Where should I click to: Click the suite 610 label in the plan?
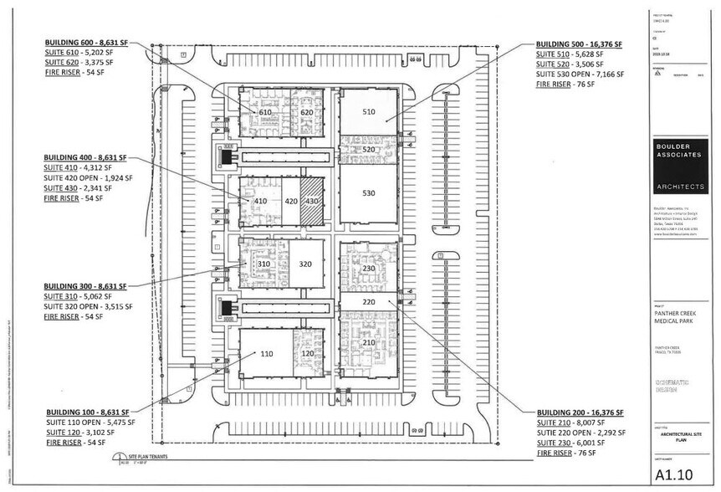[x=265, y=112]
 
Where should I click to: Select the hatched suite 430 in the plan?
[x=311, y=201]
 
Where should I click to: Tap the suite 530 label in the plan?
[x=368, y=192]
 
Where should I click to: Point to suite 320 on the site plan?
[x=305, y=264]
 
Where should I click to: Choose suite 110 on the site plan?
[x=266, y=354]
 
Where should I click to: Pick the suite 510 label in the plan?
[x=368, y=111]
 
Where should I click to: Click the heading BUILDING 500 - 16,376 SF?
[x=575, y=43]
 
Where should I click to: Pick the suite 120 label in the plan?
[x=307, y=354]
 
